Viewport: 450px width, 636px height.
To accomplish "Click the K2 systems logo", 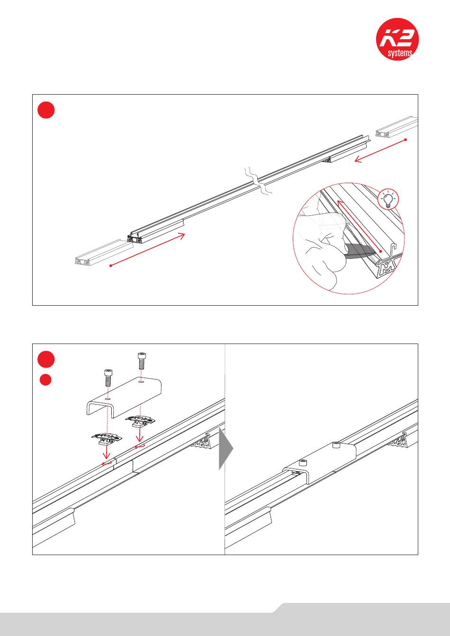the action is point(397,39).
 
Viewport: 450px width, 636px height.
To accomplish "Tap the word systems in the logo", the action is point(400,53).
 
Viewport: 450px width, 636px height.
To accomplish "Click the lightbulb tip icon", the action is point(388,199).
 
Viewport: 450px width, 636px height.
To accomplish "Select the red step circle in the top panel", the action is point(46,110).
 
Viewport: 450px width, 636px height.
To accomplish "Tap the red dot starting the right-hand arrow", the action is point(406,140).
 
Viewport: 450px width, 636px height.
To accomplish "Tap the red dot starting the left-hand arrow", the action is point(110,266).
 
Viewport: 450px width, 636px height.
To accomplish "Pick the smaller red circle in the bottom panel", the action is point(45,380).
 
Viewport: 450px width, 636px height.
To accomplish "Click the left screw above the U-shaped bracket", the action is point(108,378).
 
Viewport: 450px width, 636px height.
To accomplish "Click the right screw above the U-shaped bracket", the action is point(141,361).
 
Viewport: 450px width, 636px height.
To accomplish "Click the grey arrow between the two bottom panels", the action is point(226,448).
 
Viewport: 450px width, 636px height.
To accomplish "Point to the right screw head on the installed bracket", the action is point(336,444).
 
